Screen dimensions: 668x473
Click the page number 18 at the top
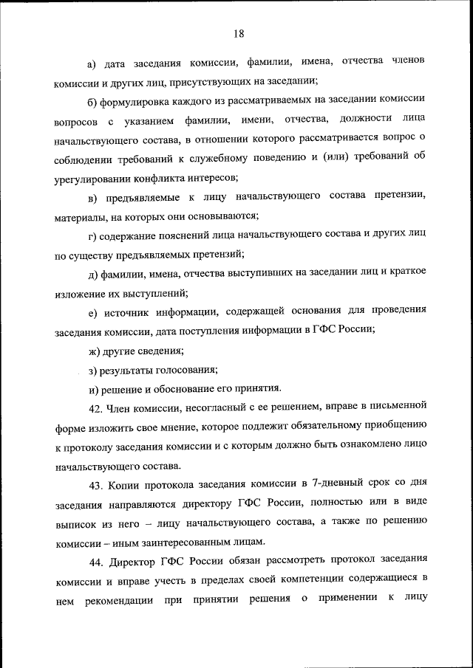click(237, 33)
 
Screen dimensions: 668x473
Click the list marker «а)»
click(92, 59)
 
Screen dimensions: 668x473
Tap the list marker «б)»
click(92, 98)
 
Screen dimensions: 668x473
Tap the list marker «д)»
click(92, 275)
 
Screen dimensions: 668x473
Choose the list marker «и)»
click(92, 389)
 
